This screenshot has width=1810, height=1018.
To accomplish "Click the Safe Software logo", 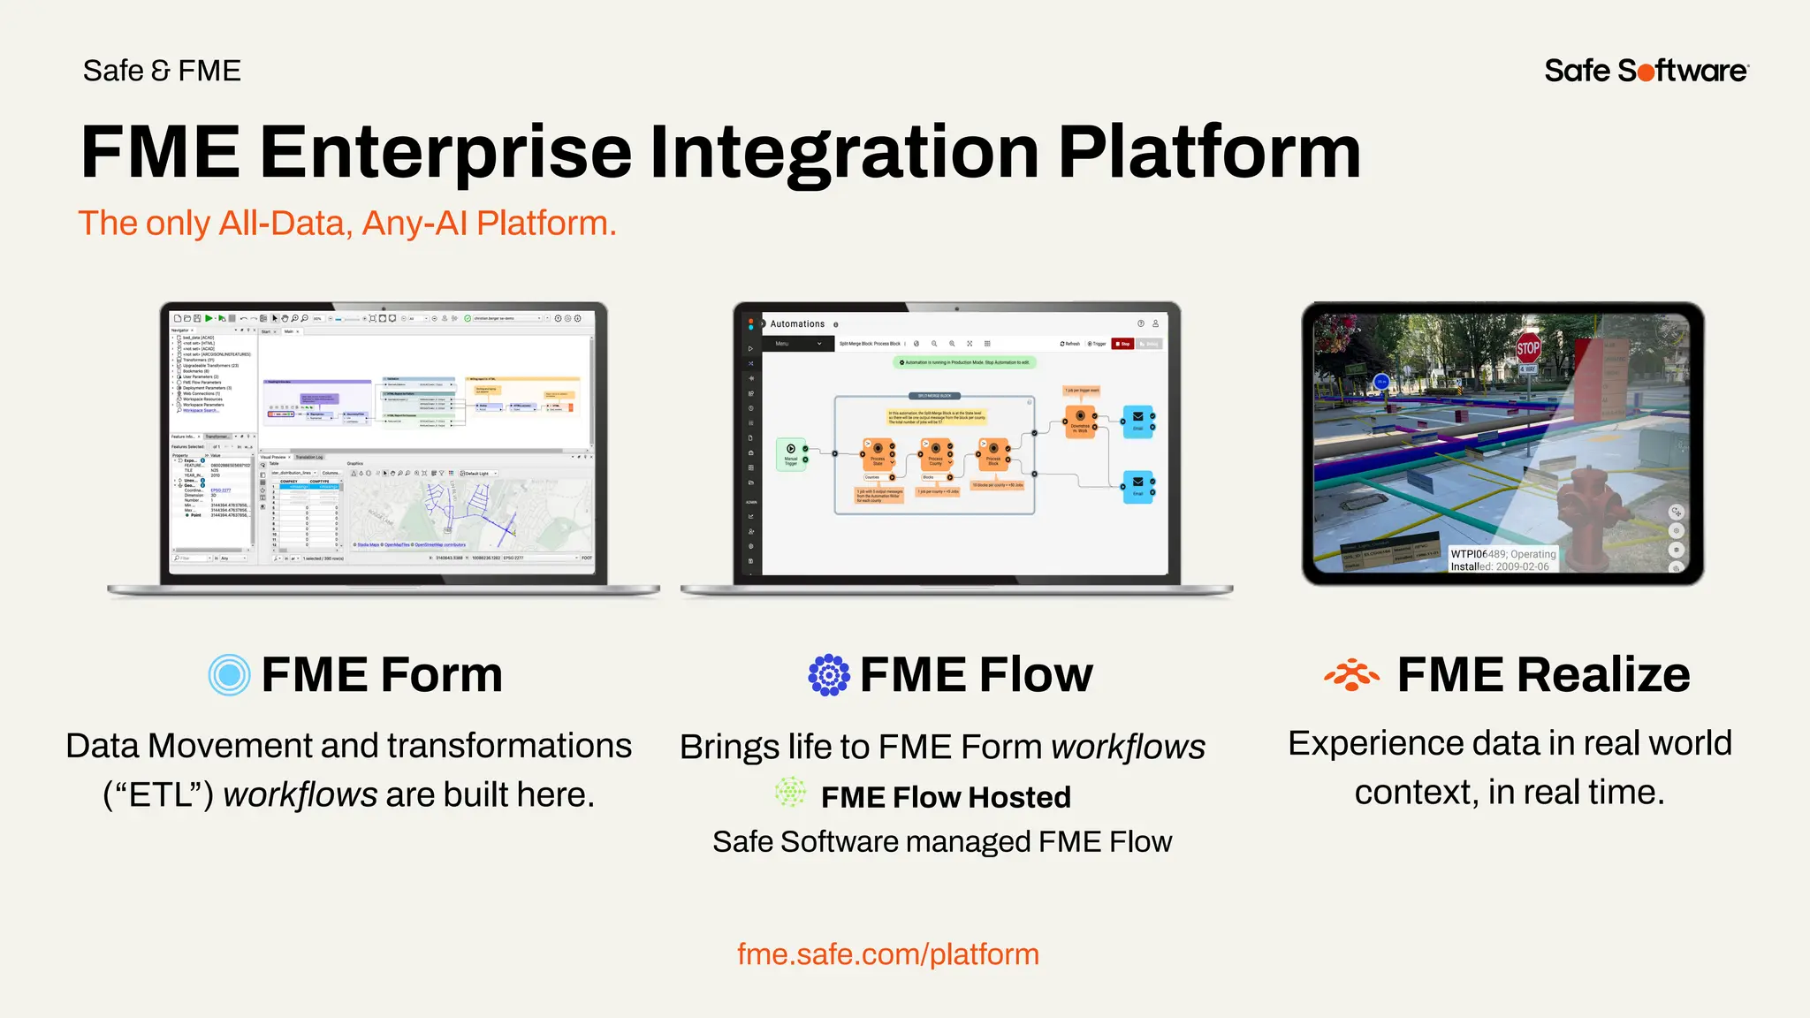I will (x=1646, y=71).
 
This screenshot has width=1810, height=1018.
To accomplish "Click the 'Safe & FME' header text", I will (x=162, y=71).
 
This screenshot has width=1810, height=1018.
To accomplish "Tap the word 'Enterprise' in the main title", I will (x=445, y=152).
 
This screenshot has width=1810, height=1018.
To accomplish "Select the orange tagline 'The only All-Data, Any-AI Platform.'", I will (x=346, y=224).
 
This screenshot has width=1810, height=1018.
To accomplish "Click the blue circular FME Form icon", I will (x=229, y=675).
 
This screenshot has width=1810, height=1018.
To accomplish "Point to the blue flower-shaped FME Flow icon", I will (x=829, y=675).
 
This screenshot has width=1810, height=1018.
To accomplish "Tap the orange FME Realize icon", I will (x=1351, y=675).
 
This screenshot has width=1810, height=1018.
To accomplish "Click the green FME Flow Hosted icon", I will (x=790, y=793).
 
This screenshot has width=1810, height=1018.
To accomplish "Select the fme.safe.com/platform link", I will (x=887, y=954).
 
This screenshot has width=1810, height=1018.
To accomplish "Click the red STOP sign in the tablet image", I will (x=1528, y=348).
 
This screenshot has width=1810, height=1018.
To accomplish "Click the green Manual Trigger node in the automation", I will (x=791, y=454).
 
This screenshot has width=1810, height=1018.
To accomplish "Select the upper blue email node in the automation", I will (x=1137, y=421).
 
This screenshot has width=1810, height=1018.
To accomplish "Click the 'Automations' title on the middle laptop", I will (x=797, y=324).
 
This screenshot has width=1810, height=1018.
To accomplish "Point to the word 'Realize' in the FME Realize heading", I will (x=1604, y=675).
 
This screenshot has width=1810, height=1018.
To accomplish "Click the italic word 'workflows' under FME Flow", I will (x=1128, y=748).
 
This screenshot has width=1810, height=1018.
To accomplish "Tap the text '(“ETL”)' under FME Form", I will (x=158, y=795).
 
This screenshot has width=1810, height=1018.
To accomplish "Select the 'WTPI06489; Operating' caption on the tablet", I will (x=1502, y=554).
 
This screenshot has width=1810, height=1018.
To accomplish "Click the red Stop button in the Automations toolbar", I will (x=1122, y=344).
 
